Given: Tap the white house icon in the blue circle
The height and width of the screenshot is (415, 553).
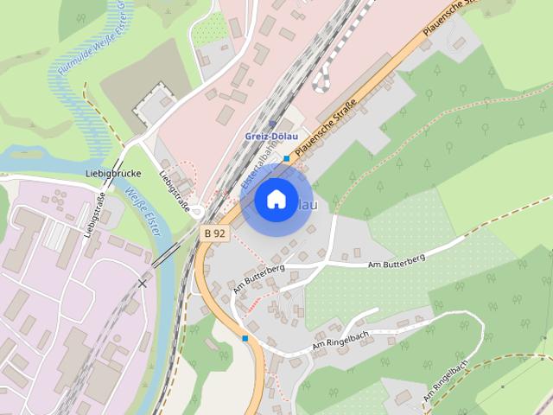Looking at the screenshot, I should point(276,200).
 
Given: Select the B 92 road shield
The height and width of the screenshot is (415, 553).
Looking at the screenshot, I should point(214,233).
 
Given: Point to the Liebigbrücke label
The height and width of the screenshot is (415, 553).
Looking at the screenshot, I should point(113,173).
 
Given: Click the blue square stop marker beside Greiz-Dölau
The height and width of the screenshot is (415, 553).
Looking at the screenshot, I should point(286,158).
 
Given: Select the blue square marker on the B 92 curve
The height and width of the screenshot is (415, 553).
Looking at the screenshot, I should point(245,337).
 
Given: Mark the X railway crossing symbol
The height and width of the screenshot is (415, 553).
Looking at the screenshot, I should point(143,282).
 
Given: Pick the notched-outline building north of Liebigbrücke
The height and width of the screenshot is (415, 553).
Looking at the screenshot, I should point(150,102).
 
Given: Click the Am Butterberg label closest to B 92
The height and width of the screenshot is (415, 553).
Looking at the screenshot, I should point(258,278).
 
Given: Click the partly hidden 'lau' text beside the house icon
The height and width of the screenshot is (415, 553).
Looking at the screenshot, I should point(307,205).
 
